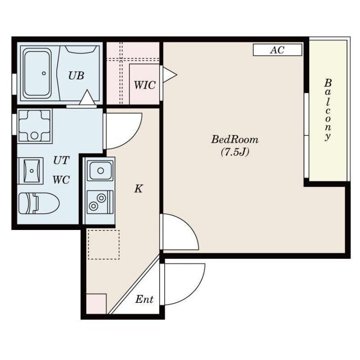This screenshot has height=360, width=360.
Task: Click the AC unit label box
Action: tap(277, 50)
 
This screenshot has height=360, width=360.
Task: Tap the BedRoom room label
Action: tap(234, 139)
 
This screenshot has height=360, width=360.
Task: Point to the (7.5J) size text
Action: tap(235, 152)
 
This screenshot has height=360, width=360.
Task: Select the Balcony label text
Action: tap(328, 110)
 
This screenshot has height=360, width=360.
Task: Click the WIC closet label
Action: tap(144, 85)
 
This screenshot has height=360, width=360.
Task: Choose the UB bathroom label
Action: tap(76, 76)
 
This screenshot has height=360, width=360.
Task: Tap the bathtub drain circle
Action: tap(44, 73)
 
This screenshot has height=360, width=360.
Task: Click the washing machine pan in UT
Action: tap(35, 126)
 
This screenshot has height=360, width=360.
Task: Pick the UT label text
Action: tap(61, 160)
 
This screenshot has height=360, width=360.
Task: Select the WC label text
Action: tap(61, 180)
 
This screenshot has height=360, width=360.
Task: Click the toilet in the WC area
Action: tap(39, 203)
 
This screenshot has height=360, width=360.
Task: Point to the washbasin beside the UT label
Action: tap(30, 171)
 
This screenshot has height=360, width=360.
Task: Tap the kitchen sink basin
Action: tap(100, 171)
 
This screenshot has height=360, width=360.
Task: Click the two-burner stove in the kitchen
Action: tap(100, 202)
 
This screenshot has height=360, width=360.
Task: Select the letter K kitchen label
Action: tap(139, 189)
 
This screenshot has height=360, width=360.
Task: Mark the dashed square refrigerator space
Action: tap(104, 244)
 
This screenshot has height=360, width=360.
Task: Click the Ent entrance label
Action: tap(144, 299)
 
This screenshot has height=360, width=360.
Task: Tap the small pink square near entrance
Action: tap(96, 304)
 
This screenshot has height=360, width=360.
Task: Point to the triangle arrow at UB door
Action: tap(87, 97)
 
